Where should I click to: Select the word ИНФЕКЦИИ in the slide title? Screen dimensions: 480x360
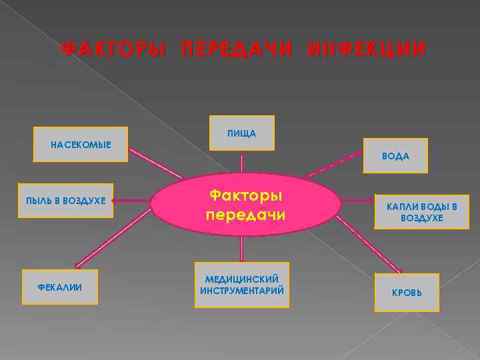(x=366, y=50)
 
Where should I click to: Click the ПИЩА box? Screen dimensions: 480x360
(x=241, y=133)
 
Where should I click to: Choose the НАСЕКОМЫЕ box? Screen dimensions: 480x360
(x=81, y=144)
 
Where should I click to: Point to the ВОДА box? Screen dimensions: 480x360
(x=395, y=156)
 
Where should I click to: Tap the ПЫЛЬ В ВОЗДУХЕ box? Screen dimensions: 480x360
(x=66, y=201)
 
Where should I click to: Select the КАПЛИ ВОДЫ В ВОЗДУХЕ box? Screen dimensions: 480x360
(x=422, y=212)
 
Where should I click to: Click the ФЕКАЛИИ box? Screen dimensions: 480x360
(x=60, y=287)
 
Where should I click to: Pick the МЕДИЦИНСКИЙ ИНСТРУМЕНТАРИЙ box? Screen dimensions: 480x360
(x=241, y=285)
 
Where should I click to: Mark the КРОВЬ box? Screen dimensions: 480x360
(x=407, y=293)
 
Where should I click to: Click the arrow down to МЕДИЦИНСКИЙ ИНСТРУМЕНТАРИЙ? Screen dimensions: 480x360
(x=241, y=248)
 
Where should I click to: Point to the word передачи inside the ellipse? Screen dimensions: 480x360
(x=245, y=215)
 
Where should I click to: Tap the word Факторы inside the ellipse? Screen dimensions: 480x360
(x=245, y=195)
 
